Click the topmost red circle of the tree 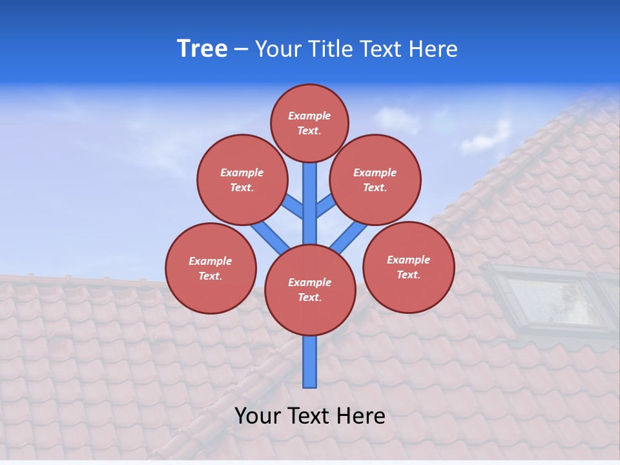[309, 123]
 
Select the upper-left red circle [242, 180]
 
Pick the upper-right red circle [375, 180]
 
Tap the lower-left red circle [211, 268]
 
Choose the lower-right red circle [408, 267]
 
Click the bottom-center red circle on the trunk [310, 290]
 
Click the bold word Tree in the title [202, 49]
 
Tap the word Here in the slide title [434, 49]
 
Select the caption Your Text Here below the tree [310, 416]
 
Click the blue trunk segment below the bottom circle [310, 362]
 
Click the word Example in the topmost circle [309, 116]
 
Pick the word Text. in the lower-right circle [408, 274]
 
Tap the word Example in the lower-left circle [210, 261]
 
